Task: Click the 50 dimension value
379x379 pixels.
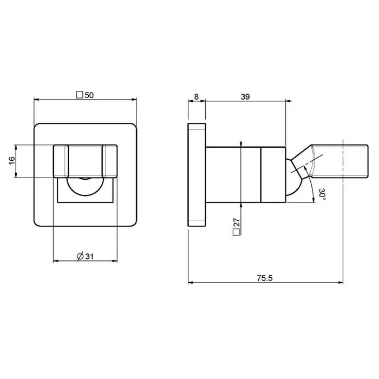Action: (89, 95)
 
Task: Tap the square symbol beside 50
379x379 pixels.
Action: (80, 95)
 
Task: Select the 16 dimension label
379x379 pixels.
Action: (12, 160)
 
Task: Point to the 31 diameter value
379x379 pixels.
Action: (89, 256)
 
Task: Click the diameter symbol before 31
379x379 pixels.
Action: (80, 256)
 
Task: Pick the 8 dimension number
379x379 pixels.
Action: (196, 97)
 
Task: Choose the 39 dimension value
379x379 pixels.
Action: (245, 97)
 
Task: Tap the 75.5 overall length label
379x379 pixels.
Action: (265, 278)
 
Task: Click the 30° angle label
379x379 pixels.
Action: (323, 194)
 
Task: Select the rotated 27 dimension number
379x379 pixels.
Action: (237, 223)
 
